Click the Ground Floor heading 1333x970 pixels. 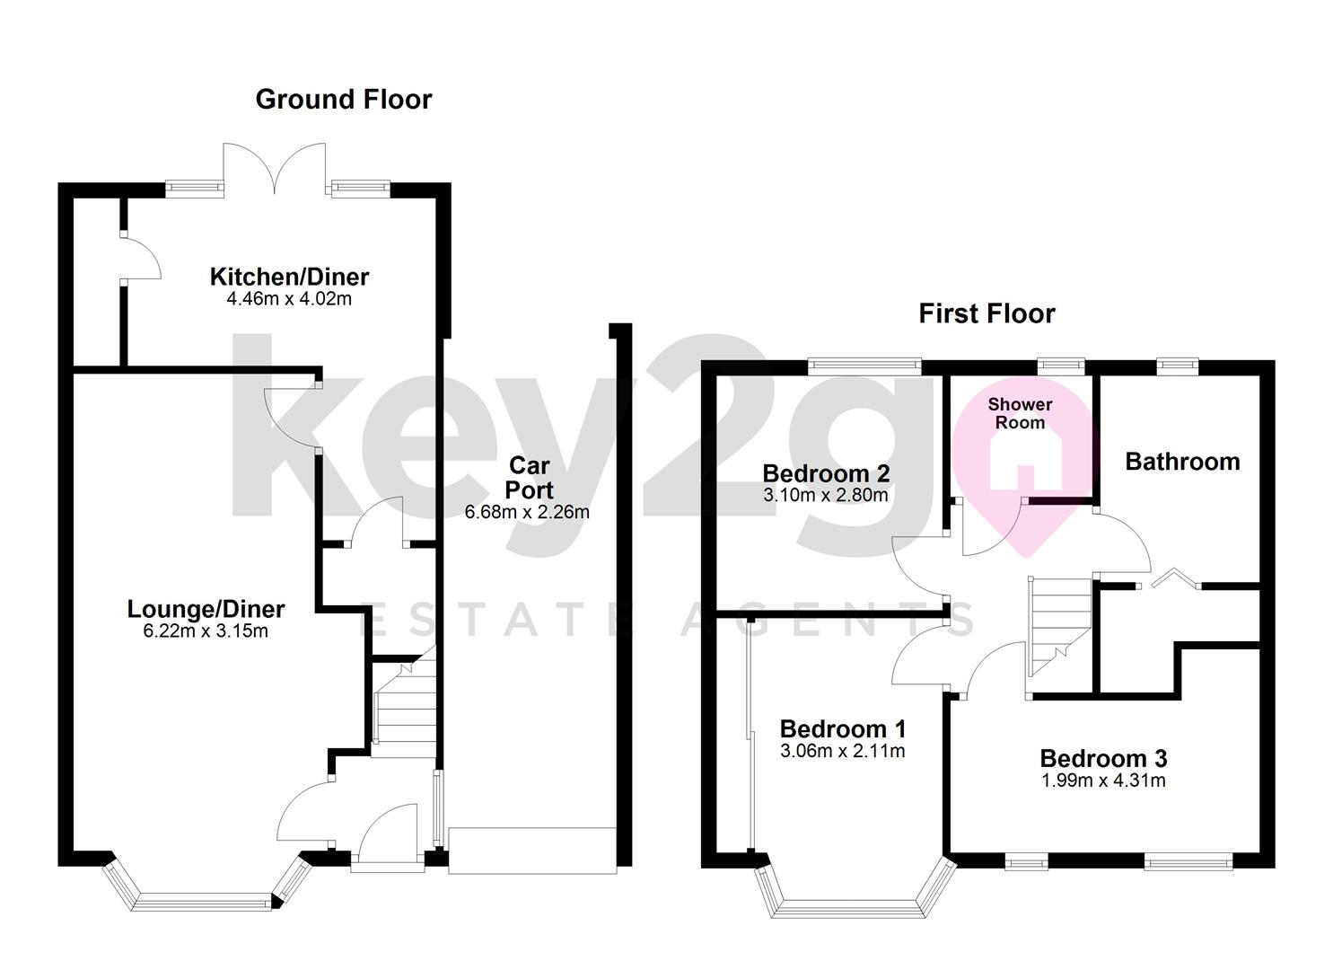coord(344,99)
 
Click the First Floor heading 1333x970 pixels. coord(987,313)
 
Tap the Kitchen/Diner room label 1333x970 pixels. coord(289,277)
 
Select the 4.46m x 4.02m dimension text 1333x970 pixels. coord(289,299)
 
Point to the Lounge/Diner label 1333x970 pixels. coord(206,609)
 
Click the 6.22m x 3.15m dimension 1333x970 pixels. coord(206,631)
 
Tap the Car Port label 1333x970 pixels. coord(529,478)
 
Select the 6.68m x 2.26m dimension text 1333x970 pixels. coord(527,513)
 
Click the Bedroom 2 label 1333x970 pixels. coord(826,473)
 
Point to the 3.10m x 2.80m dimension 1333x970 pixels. coord(825,495)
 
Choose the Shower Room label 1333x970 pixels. coord(1020,414)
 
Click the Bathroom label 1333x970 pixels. coord(1182,462)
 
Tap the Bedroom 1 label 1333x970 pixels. coord(843,728)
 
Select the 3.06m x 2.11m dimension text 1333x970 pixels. coord(843,751)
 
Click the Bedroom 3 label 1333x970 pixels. coord(1103,759)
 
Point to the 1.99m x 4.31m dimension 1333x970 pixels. coord(1103,780)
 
